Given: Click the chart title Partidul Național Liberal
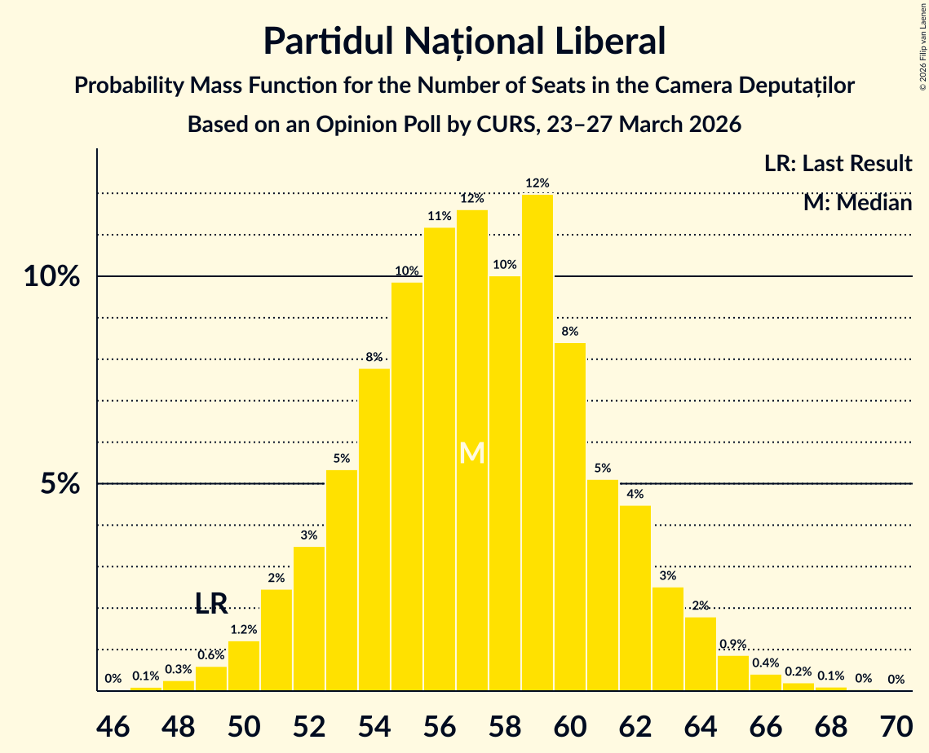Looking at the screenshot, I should pyautogui.click(x=464, y=41).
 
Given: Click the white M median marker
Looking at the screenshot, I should pyautogui.click(x=472, y=453).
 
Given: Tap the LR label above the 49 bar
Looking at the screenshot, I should pyautogui.click(x=211, y=604).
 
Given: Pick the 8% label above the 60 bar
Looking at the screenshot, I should pyautogui.click(x=569, y=332).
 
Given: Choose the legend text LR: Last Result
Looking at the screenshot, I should pyautogui.click(x=838, y=164).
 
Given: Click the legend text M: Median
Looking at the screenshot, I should pyautogui.click(x=856, y=203).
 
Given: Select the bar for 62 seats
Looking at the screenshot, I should pyautogui.click(x=635, y=598).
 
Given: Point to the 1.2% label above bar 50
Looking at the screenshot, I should pyautogui.click(x=244, y=630).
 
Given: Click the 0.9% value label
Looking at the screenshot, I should pyautogui.click(x=732, y=645).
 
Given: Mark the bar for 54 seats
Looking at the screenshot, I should pyautogui.click(x=374, y=530).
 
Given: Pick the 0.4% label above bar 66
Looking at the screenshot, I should pyautogui.click(x=765, y=663).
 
